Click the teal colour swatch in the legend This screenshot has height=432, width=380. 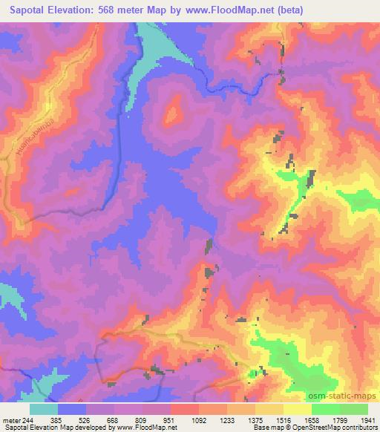pos(44,409)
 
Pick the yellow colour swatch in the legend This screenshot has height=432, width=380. pos(298,409)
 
